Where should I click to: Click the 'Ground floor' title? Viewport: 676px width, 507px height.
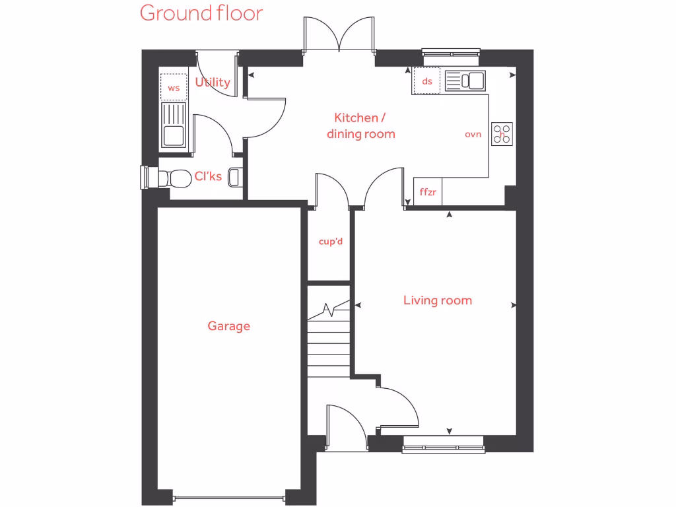201,13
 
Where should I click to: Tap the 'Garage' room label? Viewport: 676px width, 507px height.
228,326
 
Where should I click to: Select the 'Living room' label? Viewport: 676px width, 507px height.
438,301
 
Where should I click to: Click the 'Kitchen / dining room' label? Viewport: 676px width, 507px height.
361,126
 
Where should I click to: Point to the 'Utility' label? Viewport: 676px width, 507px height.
213,83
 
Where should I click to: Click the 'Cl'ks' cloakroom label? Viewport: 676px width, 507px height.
208,177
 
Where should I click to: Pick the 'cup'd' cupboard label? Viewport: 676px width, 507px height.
331,242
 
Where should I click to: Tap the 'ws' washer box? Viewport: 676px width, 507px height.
174,87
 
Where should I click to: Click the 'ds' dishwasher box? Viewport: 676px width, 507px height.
427,82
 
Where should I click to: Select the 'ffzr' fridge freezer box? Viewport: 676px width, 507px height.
428,193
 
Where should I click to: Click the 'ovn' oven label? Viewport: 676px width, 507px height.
473,134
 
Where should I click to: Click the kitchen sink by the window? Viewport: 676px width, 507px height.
465,81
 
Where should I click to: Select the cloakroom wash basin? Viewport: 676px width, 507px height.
234,177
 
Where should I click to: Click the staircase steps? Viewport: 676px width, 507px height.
328,343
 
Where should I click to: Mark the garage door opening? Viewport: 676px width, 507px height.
228,496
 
